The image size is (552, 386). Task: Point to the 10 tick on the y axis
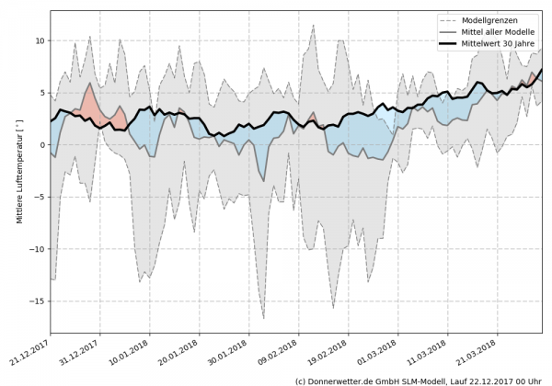(40, 40)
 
